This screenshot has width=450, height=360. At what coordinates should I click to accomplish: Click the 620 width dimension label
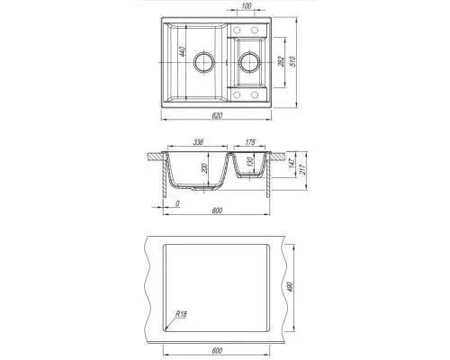click(217, 115)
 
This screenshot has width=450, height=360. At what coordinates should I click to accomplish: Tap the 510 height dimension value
click(292, 61)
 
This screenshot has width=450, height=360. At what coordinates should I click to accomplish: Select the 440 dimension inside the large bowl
click(182, 51)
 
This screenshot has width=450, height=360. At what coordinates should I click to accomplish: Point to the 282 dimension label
click(282, 61)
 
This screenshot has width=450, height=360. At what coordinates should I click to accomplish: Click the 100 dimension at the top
click(247, 6)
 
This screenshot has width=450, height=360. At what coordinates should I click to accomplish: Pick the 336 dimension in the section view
click(198, 142)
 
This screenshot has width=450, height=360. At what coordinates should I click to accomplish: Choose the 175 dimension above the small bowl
click(250, 142)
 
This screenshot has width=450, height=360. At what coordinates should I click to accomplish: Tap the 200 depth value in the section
click(204, 168)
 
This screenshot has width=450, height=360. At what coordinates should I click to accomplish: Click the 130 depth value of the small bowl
click(250, 162)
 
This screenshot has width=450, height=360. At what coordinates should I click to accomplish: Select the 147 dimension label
click(292, 162)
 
